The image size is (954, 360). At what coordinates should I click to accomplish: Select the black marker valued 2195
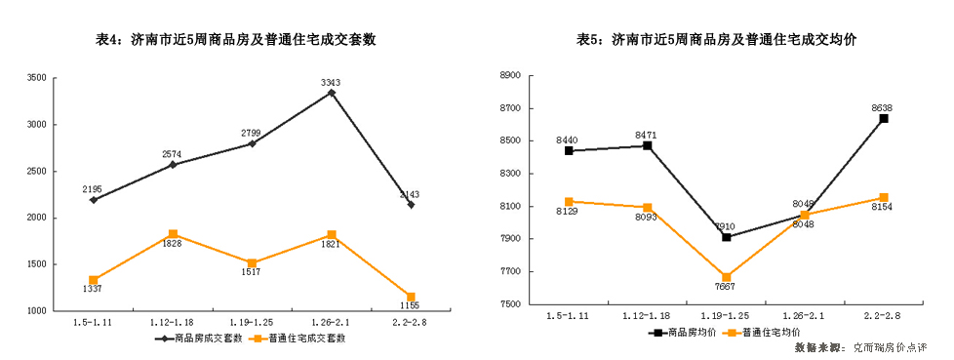(94, 200)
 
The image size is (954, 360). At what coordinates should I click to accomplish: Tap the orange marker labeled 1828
(173, 234)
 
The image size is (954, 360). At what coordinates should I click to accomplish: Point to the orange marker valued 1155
(411, 297)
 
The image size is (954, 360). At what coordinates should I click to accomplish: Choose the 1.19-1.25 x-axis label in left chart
(252, 322)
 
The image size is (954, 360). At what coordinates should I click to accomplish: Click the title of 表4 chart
(236, 40)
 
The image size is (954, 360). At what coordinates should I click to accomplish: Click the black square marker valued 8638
(883, 119)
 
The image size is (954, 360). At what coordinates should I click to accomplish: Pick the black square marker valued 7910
(726, 237)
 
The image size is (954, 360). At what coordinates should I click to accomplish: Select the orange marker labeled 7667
(726, 277)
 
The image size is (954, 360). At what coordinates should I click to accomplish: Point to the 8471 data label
(646, 134)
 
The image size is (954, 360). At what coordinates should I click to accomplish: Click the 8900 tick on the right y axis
(512, 75)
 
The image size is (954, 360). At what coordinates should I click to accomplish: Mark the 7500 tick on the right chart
(512, 304)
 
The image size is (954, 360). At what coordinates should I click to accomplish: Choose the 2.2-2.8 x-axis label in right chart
(883, 315)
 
